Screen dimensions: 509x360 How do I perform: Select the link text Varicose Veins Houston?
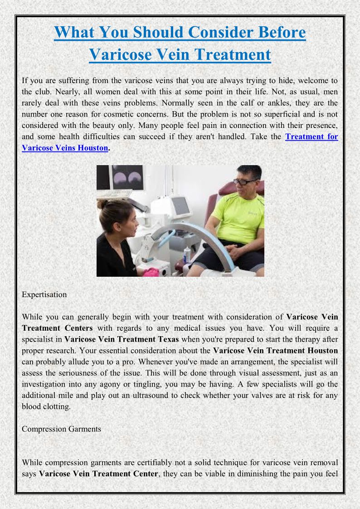(x=65, y=148)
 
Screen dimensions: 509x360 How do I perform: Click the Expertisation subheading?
(x=44, y=294)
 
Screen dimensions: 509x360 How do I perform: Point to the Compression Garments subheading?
(x=61, y=429)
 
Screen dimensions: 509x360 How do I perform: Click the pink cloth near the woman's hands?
(x=151, y=272)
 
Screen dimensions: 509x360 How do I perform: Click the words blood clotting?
(x=46, y=406)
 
